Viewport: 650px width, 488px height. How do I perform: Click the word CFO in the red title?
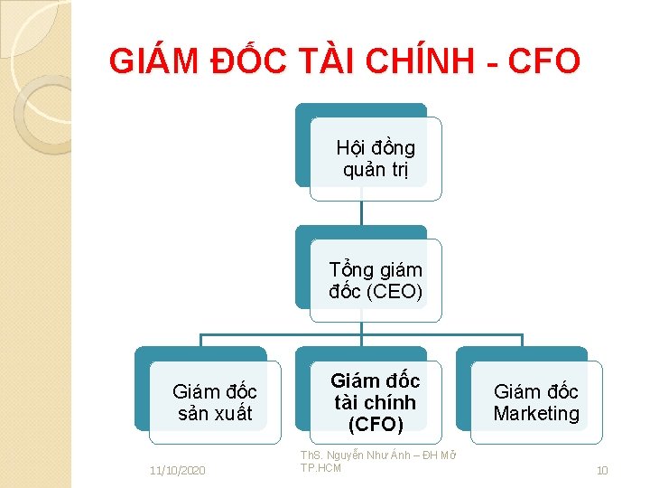tap(543, 62)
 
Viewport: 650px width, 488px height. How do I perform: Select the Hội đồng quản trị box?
tap(375, 159)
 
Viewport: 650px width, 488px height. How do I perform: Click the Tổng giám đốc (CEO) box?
tap(376, 281)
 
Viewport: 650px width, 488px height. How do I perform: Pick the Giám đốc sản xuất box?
tap(215, 403)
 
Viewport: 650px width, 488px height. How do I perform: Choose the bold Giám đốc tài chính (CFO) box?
tap(375, 402)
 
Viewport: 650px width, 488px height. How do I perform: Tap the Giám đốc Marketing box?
tap(535, 403)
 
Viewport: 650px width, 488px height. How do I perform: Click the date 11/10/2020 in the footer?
tap(178, 471)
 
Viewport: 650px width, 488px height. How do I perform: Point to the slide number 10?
tap(602, 471)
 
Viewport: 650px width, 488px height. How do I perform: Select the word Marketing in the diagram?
tap(536, 414)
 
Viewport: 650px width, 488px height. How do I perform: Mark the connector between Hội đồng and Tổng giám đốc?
tap(361, 213)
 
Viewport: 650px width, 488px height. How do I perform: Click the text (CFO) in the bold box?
tap(375, 423)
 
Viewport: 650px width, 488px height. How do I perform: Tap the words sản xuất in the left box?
tap(215, 414)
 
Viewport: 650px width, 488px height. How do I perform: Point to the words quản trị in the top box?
tap(376, 170)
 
